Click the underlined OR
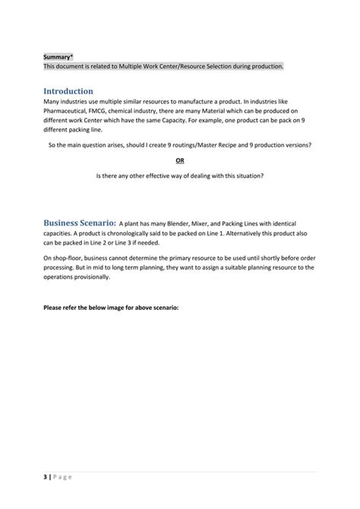coord(180,160)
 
